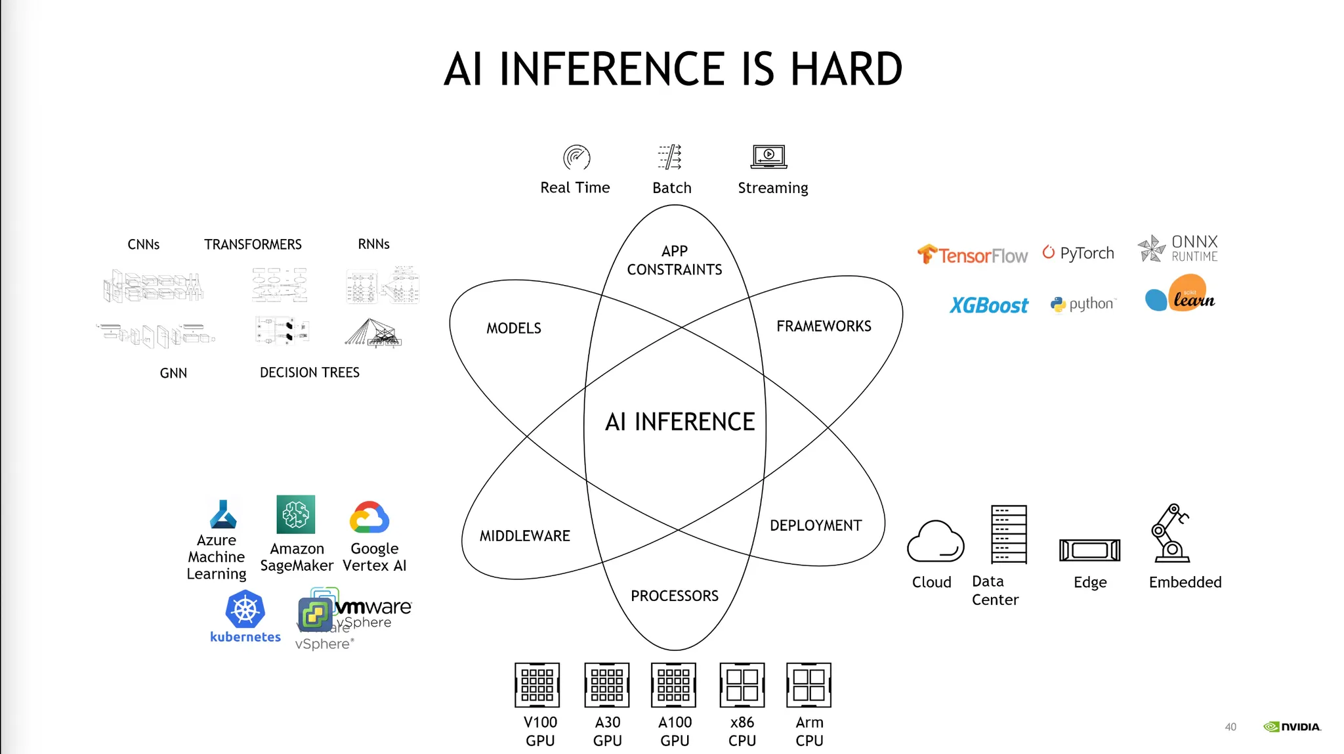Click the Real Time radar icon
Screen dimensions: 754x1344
[576, 158]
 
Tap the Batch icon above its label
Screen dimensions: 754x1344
[670, 157]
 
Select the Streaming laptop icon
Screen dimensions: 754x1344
[769, 156]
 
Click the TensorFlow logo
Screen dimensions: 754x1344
[972, 254]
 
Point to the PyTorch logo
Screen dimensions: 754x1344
[1078, 253]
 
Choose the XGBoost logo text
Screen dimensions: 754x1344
[988, 305]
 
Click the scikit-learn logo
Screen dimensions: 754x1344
[1181, 294]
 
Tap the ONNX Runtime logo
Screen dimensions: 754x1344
[1178, 249]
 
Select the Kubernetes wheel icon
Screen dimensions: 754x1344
[245, 610]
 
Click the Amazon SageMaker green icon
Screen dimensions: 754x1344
[296, 514]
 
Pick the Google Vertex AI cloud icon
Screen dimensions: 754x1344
[370, 517]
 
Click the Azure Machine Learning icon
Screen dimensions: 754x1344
[223, 515]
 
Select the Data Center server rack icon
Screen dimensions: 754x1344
[1009, 534]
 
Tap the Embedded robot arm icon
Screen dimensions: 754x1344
[1171, 533]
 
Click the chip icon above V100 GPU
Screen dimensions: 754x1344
[537, 685]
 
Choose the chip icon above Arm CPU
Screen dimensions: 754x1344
[808, 685]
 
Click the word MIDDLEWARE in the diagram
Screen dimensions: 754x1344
[525, 536]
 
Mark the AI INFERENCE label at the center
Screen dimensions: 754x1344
[680, 422]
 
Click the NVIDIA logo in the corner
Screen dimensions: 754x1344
[1291, 726]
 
